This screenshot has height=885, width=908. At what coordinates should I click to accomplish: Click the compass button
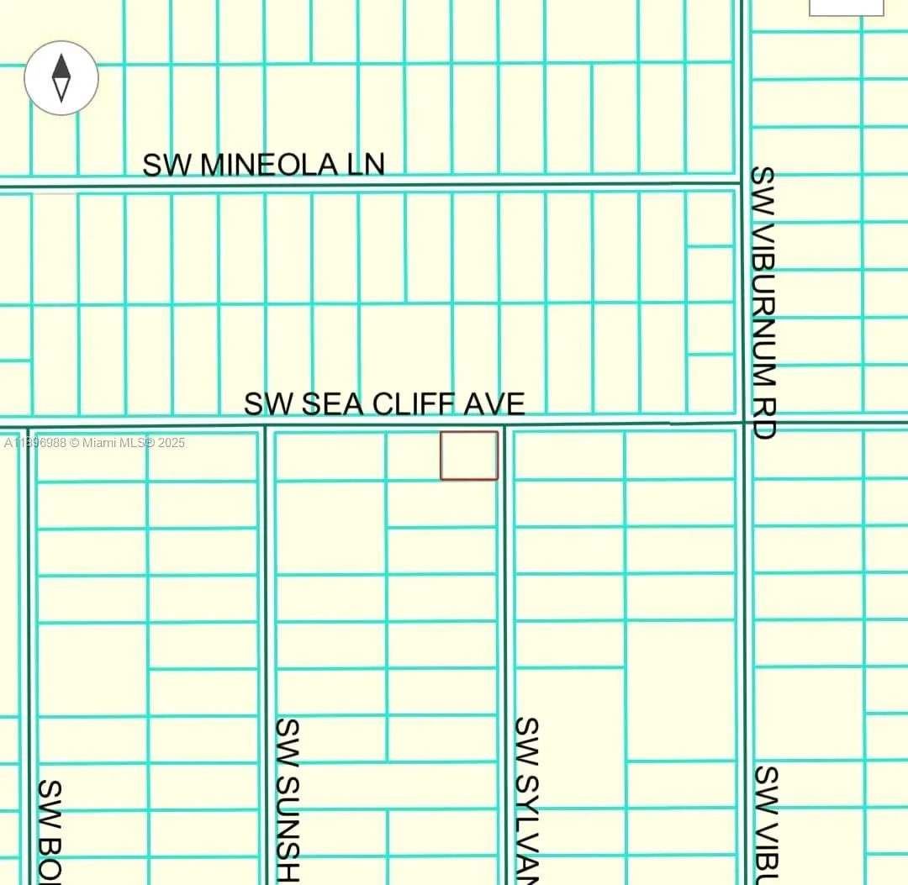point(61,78)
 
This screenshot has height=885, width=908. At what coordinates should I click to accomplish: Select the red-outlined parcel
point(469,456)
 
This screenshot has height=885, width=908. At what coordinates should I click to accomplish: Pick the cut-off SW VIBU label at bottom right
point(766,824)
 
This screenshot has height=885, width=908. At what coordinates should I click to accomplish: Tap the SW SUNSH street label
point(288,798)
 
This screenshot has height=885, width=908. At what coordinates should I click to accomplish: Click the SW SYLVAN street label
point(526,798)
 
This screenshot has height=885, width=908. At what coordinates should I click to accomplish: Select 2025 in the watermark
point(171,443)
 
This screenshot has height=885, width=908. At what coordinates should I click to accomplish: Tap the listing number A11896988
point(35,443)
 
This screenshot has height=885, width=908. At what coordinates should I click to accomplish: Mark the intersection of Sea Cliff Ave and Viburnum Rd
point(743,422)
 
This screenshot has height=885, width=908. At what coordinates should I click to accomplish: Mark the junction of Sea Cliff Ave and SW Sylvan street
point(504,425)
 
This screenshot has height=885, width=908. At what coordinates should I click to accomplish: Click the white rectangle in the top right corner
point(846,7)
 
